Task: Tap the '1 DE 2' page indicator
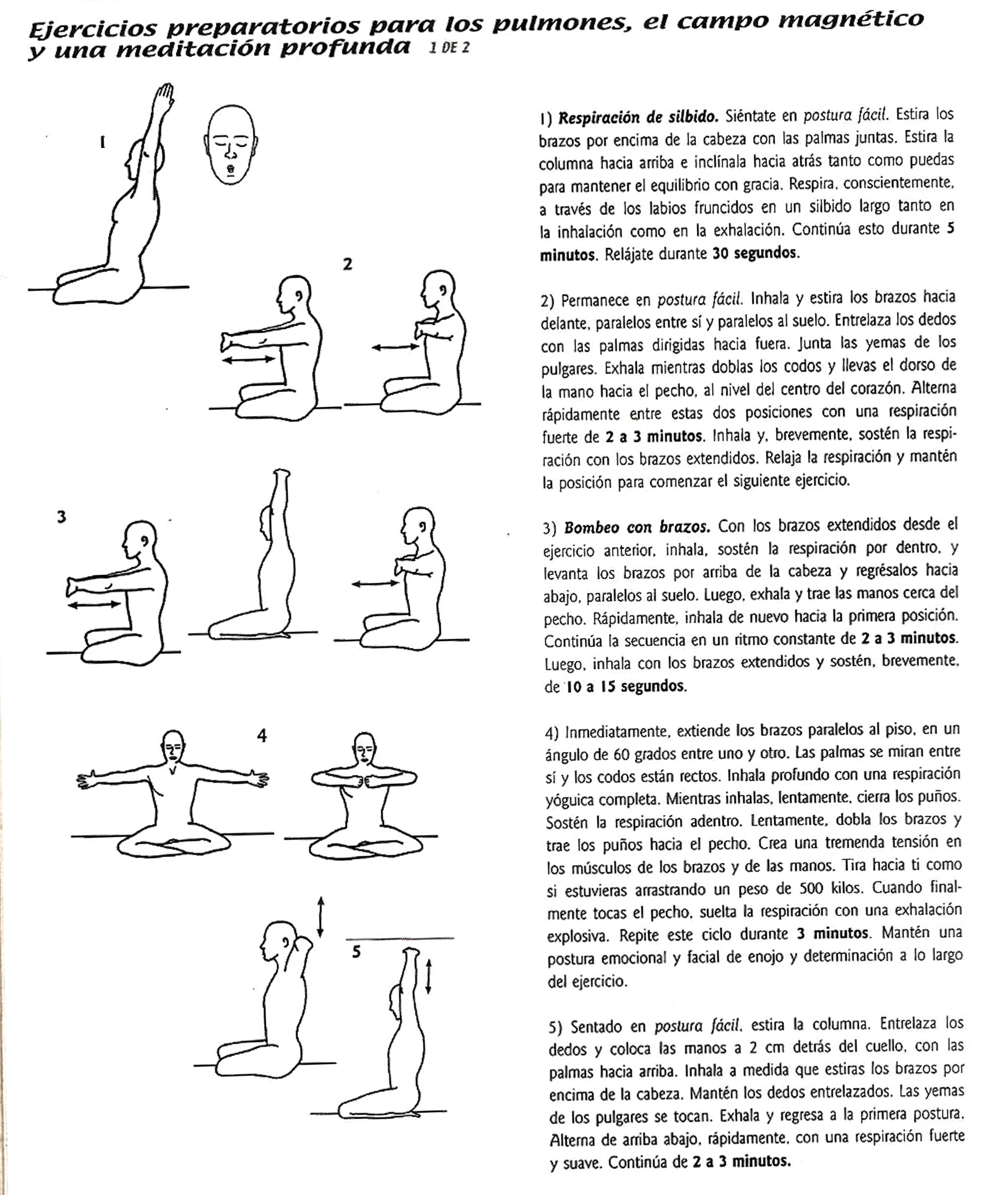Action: coord(449,48)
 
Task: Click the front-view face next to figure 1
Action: coord(230,144)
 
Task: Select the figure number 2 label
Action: coord(347,264)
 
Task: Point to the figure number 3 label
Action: coord(61,517)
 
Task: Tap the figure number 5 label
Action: coord(356,952)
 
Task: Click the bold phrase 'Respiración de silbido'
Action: coord(638,118)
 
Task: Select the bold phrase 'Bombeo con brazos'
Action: coord(637,528)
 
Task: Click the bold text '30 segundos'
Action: coord(756,253)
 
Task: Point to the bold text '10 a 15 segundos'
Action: coord(626,686)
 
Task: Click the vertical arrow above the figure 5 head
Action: coord(321,917)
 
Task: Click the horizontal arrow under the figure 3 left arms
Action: coord(94,605)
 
